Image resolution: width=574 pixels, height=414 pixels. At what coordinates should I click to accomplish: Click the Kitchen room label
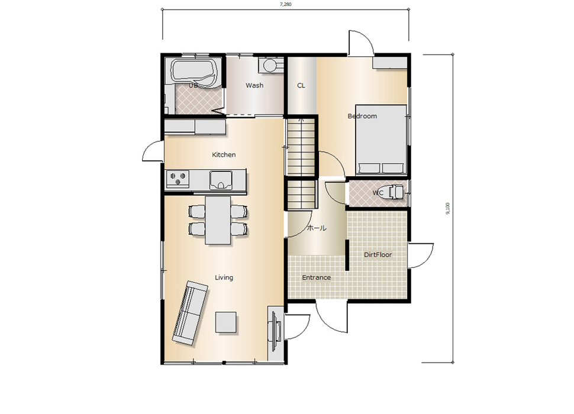tap(224, 155)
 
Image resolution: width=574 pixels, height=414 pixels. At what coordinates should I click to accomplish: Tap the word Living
tap(224, 277)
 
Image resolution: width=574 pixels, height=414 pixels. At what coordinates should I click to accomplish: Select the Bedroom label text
tap(362, 116)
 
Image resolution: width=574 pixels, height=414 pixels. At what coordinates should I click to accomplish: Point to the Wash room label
tap(254, 85)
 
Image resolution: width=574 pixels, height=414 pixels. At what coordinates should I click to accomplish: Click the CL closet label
tap(301, 86)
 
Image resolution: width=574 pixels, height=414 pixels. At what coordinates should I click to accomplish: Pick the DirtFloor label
tap(378, 254)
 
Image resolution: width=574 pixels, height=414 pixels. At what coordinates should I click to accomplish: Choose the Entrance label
tap(316, 277)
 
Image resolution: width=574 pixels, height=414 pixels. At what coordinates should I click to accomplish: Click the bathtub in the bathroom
tap(195, 73)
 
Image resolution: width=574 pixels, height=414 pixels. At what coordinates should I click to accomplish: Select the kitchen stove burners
tap(178, 179)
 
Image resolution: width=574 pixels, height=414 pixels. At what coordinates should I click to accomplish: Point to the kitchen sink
tap(221, 180)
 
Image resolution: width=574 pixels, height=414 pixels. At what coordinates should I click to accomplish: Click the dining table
tap(218, 220)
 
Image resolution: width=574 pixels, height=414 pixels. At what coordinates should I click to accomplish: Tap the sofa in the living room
tap(190, 313)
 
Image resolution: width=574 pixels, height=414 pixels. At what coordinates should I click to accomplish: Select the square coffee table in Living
tap(225, 322)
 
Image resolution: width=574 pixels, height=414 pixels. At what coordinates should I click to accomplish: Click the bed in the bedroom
tap(380, 140)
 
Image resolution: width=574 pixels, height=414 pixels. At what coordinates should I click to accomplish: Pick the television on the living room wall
tap(275, 330)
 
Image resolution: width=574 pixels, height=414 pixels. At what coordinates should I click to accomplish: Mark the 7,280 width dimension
tap(286, 4)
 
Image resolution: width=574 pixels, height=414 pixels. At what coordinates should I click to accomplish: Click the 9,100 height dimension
tap(448, 208)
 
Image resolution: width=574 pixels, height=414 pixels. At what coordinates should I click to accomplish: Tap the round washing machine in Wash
tap(271, 66)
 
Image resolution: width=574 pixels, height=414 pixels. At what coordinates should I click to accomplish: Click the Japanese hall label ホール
tap(316, 228)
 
